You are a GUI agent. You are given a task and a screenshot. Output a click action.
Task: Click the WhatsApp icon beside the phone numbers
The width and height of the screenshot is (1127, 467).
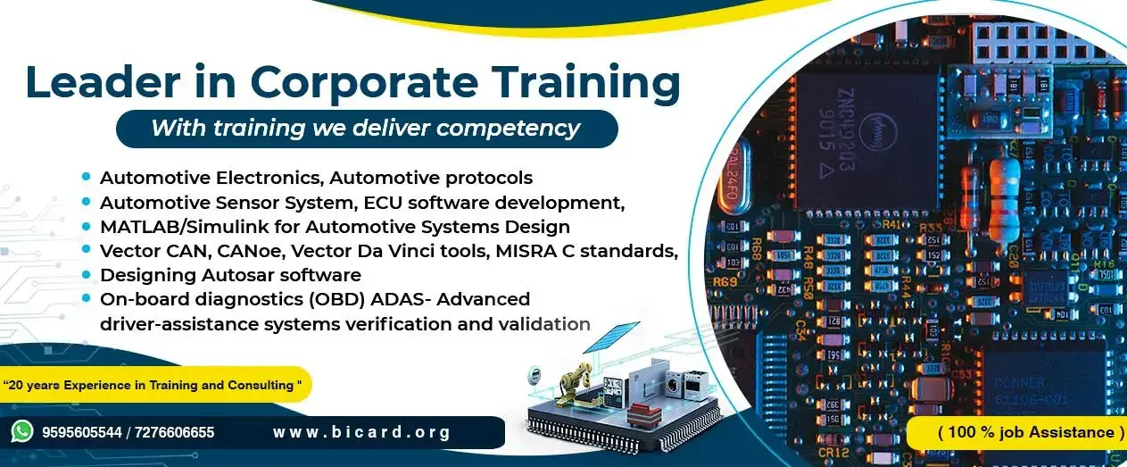[22, 432]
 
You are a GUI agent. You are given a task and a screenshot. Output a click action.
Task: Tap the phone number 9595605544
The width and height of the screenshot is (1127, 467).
[79, 433]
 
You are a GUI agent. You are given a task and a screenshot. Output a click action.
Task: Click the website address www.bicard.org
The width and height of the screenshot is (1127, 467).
[361, 433]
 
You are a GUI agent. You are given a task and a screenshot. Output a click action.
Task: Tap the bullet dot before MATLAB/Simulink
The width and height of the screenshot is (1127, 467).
[87, 226]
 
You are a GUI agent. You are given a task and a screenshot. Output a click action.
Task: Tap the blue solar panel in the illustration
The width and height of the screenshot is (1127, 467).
[615, 341]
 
